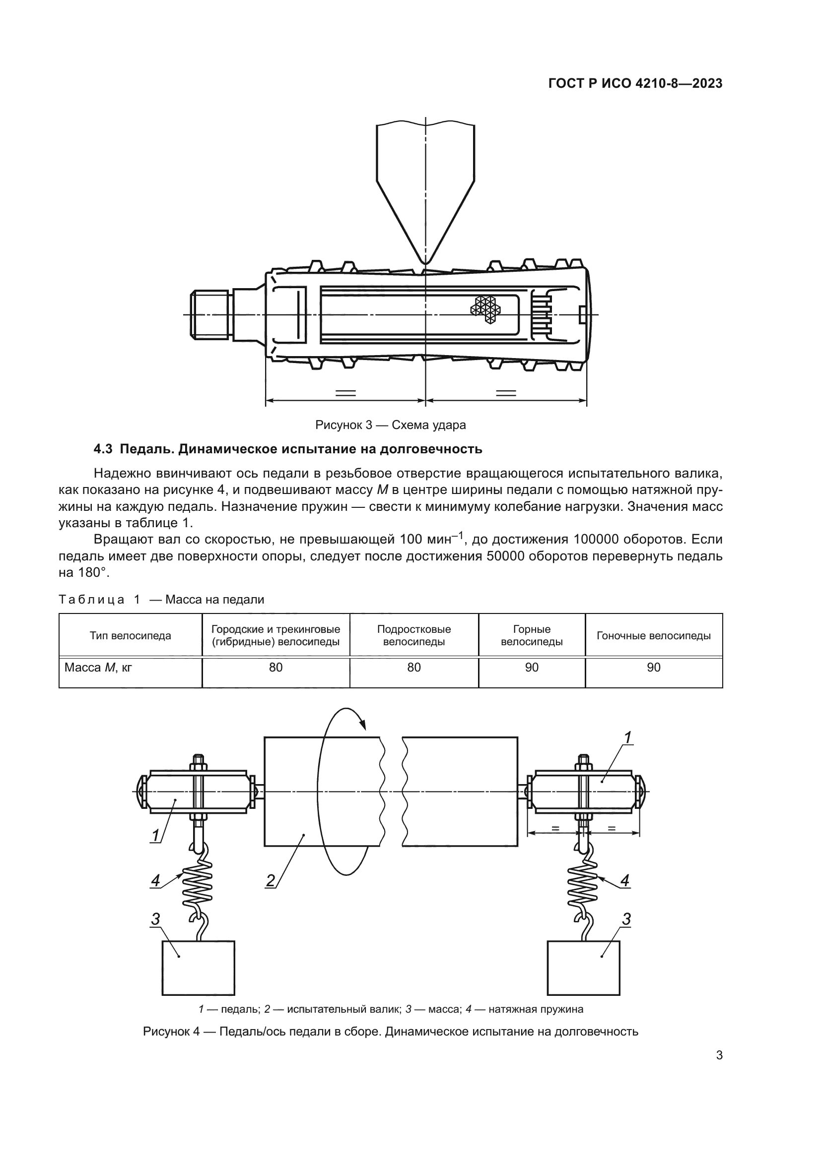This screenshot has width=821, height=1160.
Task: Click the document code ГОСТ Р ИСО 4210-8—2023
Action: (x=635, y=84)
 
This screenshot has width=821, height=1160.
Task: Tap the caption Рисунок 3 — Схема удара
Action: (x=390, y=425)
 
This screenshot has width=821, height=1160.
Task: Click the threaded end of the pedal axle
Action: (x=210, y=315)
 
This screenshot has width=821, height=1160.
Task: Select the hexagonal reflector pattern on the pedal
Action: (x=484, y=308)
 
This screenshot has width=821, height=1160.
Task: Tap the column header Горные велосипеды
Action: (x=531, y=635)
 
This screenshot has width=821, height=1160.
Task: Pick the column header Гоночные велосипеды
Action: (x=653, y=636)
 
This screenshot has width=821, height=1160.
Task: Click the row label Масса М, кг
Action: (x=98, y=668)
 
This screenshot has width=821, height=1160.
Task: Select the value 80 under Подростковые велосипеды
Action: (x=413, y=668)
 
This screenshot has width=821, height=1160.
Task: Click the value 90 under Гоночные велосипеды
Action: (x=653, y=668)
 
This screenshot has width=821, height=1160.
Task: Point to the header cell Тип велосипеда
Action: (x=131, y=636)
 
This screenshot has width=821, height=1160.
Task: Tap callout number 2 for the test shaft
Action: (x=271, y=881)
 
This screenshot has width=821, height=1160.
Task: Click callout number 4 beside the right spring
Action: (x=625, y=881)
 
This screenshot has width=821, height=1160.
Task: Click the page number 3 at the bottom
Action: (x=719, y=1055)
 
